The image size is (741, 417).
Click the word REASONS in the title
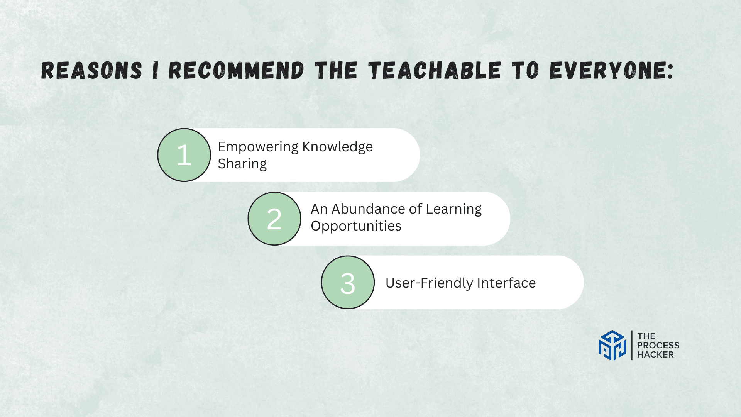click(x=92, y=71)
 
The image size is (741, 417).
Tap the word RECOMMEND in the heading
click(x=237, y=71)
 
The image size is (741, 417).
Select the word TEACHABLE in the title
click(x=435, y=71)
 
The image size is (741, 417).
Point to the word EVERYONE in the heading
click(x=611, y=71)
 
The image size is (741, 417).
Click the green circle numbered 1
click(x=184, y=155)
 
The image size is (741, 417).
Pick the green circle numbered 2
click(x=274, y=219)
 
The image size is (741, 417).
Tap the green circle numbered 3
click(x=348, y=282)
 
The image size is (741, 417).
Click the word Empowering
click(x=258, y=147)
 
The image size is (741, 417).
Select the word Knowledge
click(x=338, y=147)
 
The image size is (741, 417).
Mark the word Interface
click(x=506, y=283)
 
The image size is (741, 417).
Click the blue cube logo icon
click(x=612, y=345)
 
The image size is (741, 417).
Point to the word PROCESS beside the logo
click(x=658, y=345)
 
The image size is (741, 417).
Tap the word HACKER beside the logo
click(x=655, y=354)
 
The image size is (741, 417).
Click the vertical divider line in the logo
click(x=632, y=345)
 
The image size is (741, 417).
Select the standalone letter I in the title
click(x=156, y=71)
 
